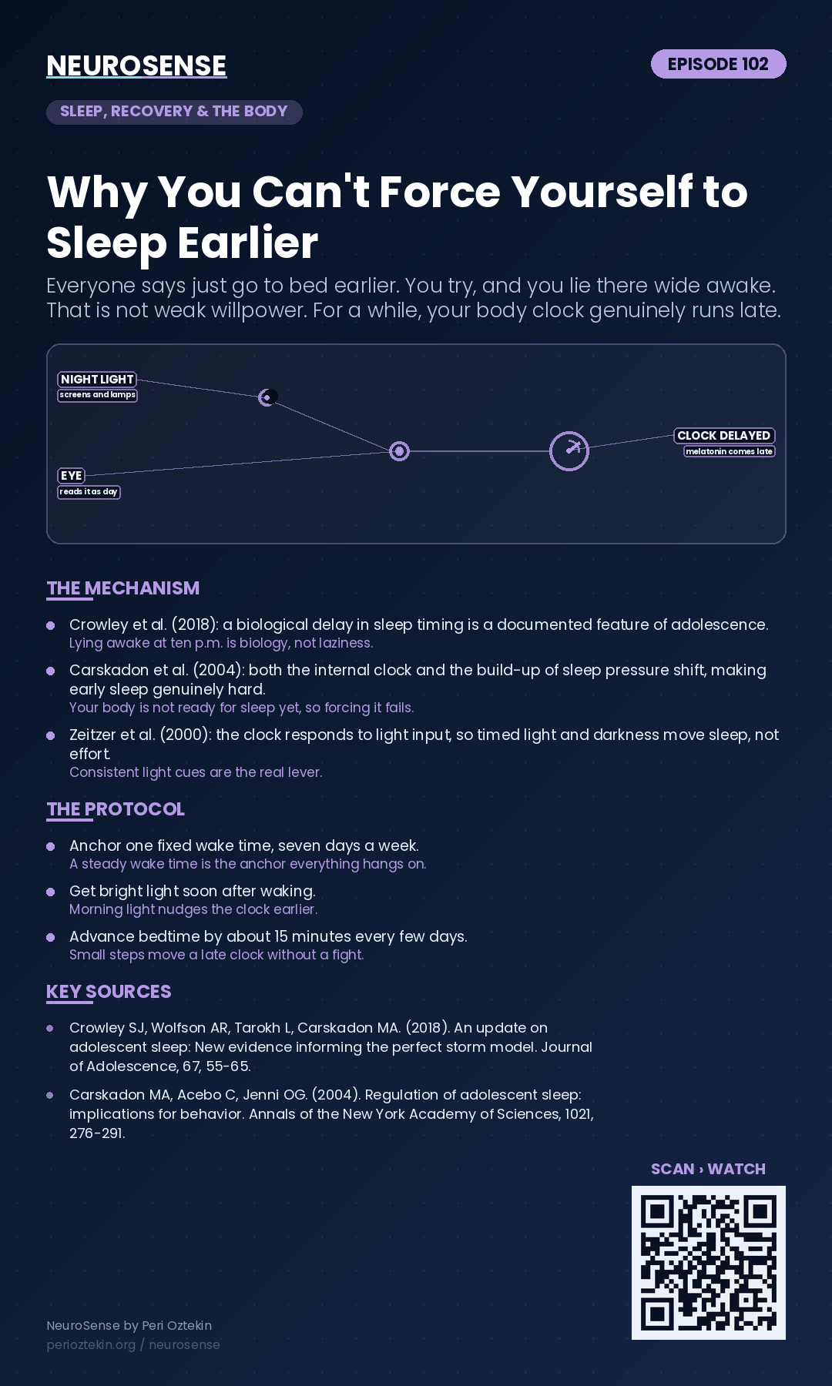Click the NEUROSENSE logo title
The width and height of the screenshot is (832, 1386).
tap(136, 65)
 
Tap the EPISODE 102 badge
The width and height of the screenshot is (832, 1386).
tap(718, 64)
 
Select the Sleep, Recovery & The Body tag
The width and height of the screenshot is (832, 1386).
tap(174, 112)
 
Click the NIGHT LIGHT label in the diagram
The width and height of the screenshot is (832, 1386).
tap(97, 380)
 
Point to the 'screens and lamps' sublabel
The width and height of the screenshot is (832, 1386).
tap(98, 395)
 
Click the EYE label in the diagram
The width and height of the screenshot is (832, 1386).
tap(72, 476)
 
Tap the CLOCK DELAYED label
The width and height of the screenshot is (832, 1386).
tap(724, 436)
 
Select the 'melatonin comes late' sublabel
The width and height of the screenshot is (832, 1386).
tap(729, 451)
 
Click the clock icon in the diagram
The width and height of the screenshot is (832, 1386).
tap(569, 451)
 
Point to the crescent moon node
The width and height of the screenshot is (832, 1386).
tap(267, 397)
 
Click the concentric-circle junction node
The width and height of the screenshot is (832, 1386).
tap(399, 451)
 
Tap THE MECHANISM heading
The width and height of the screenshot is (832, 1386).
tap(123, 588)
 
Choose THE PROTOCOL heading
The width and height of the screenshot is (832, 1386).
tap(116, 809)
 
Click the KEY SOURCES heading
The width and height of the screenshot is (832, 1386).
tap(109, 992)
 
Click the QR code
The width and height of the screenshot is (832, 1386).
tap(709, 1263)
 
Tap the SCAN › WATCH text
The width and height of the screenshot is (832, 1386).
tap(708, 1169)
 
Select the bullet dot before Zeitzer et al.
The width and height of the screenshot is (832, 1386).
tap(51, 735)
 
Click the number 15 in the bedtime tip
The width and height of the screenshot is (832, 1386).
tap(281, 936)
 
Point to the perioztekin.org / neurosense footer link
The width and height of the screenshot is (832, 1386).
tap(133, 1344)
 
